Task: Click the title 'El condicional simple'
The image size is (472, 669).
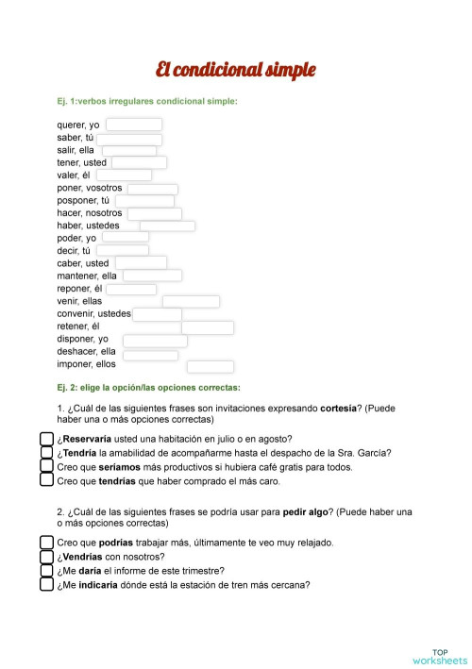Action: [x=236, y=71]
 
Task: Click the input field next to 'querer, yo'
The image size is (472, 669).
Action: [x=133, y=125]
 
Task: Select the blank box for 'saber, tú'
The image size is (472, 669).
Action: [x=128, y=139]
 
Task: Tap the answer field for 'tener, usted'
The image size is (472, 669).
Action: [x=139, y=162]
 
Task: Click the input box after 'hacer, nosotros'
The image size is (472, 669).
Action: [x=154, y=213]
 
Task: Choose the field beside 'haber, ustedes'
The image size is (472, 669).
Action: [x=167, y=226]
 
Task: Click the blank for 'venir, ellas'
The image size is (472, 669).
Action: [x=191, y=301]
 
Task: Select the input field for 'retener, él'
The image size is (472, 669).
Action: [x=208, y=327]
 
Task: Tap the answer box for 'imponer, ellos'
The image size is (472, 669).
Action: [x=210, y=366]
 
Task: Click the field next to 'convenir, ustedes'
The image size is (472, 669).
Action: [x=158, y=314]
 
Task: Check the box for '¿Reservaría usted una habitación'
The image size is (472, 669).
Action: [x=46, y=439]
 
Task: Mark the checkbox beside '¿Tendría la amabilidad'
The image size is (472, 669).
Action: [x=46, y=452]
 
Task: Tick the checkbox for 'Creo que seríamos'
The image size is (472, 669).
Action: [x=46, y=466]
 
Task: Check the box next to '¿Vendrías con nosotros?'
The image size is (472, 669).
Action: [x=46, y=557]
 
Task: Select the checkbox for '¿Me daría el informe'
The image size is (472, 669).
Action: [x=46, y=570]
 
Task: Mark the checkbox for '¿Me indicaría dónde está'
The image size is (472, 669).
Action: [x=46, y=584]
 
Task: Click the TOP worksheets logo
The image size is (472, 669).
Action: [x=439, y=656]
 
